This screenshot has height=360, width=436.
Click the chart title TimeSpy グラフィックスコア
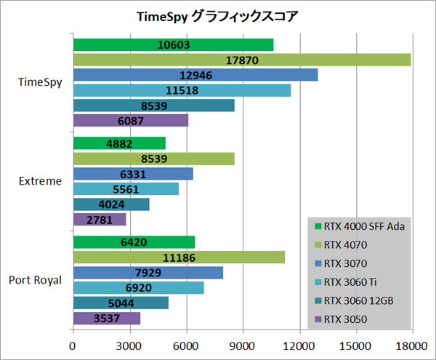coord(217,16)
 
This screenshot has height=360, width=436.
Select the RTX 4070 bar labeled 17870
coord(241,60)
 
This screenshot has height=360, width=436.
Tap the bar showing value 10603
coord(173,44)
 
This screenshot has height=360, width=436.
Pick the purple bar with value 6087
coord(131,121)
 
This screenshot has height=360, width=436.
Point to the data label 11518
coord(182,90)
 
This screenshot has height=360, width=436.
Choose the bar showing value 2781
coord(100,219)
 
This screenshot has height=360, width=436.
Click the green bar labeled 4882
coord(119,143)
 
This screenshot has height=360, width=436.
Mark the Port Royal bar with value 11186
coord(179,257)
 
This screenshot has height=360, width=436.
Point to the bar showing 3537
coord(107,318)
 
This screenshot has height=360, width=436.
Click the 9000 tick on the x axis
coord(242,347)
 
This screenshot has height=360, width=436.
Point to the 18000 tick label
coord(411,347)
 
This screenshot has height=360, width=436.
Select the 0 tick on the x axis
coord(73,347)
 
